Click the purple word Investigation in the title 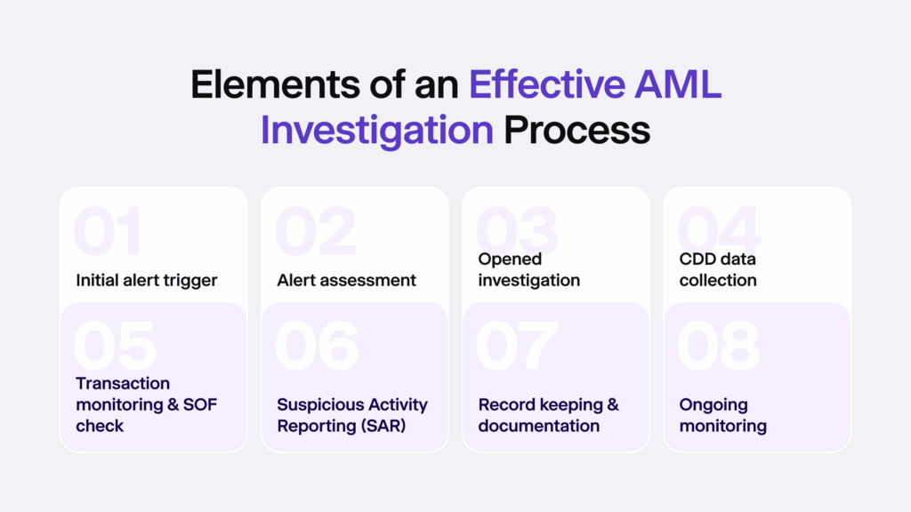tap(376, 130)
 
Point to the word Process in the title tap(576, 130)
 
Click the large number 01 tap(108, 233)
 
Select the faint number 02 tap(315, 233)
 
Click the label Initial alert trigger tap(147, 280)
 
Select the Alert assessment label tap(346, 280)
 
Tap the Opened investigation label tap(528, 269)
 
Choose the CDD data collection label tap(718, 269)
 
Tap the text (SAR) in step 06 tap(380, 426)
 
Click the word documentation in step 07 tap(538, 426)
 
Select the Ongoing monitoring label tap(722, 415)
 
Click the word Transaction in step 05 tap(123, 383)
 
